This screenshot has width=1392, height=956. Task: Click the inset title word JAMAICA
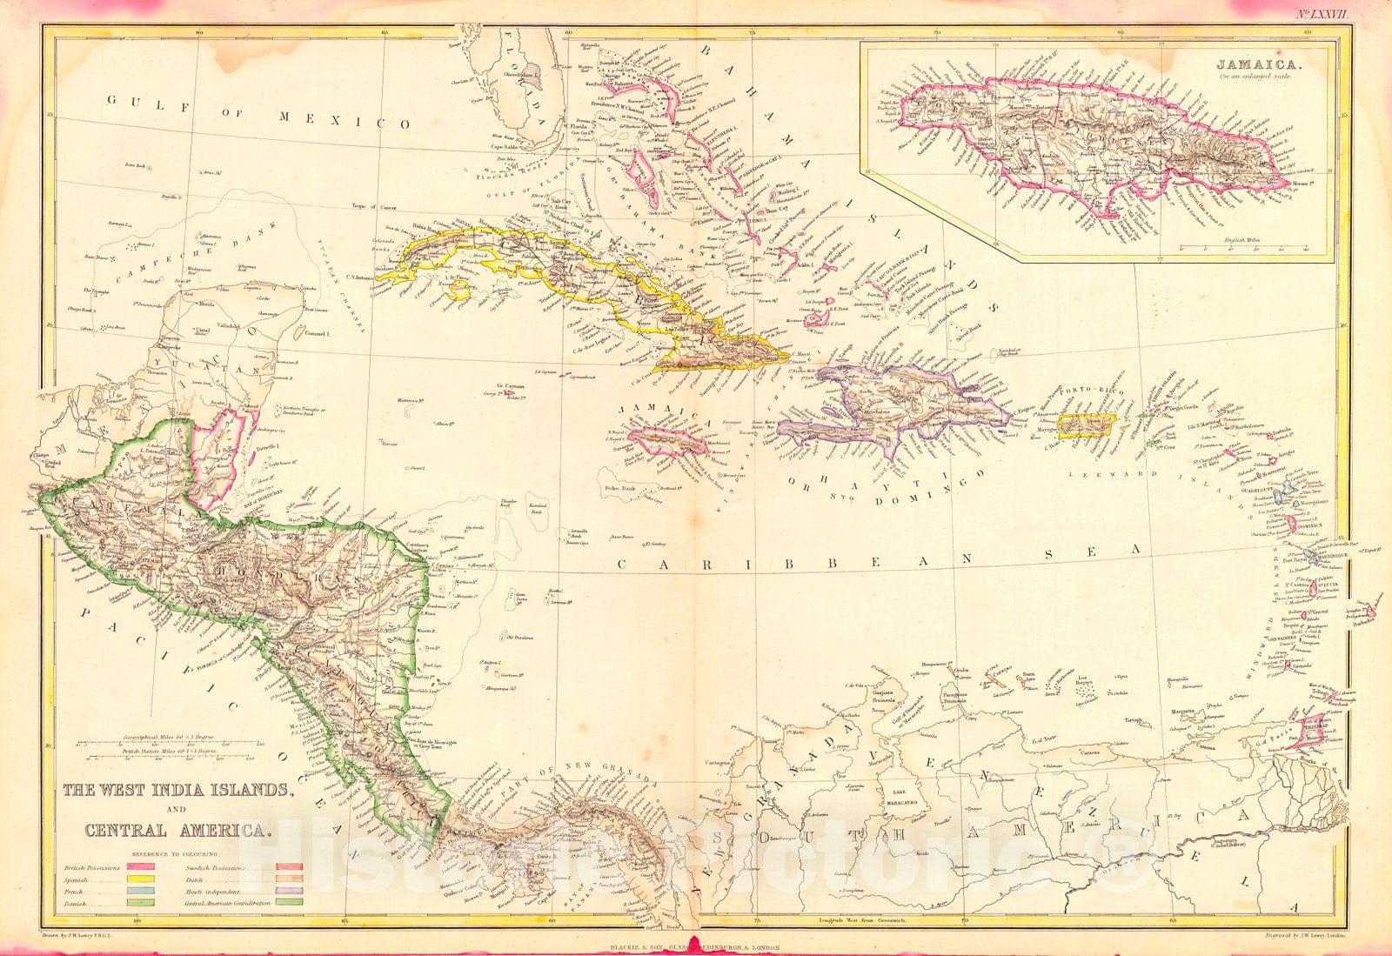pos(1247,64)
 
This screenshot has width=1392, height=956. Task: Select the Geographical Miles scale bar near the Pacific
pos(165,741)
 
